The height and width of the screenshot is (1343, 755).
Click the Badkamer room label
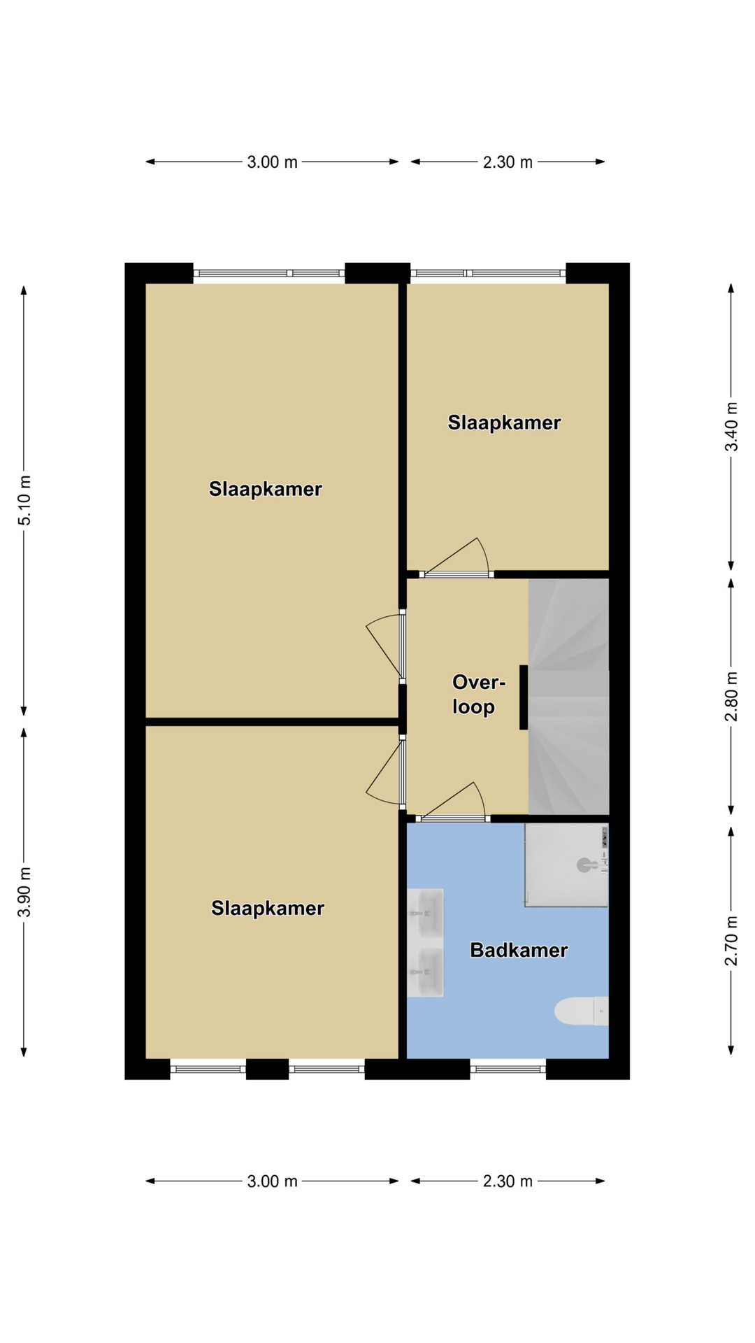[519, 950]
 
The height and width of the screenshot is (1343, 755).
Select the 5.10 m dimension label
[24, 500]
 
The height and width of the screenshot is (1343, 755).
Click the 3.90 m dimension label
[24, 892]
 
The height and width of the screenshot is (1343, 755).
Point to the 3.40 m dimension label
[731, 427]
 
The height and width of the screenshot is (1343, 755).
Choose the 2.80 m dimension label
[731, 697]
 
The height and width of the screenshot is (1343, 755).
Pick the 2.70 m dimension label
[731, 941]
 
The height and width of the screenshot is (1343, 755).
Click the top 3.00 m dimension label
[272, 162]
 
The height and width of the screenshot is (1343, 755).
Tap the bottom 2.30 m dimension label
[508, 1181]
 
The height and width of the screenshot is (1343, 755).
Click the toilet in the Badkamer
[582, 1011]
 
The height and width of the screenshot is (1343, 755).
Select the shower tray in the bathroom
[566, 865]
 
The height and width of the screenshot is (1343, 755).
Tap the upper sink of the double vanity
[425, 912]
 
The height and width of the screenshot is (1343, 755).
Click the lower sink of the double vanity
[425, 972]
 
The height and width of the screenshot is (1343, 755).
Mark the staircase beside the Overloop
[568, 696]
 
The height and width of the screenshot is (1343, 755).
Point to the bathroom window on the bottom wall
[508, 1069]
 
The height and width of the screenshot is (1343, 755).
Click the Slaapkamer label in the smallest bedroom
[504, 422]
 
